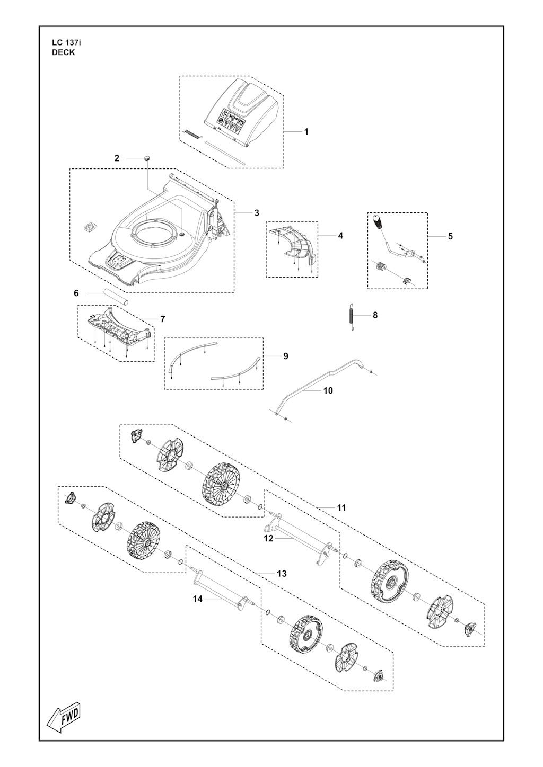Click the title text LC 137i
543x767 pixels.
(66, 43)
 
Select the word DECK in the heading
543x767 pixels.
(64, 53)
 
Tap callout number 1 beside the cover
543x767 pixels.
(306, 131)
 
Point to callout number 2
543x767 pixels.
(117, 158)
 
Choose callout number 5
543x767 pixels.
(450, 236)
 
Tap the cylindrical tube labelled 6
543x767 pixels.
(117, 297)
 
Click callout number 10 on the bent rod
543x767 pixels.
(328, 390)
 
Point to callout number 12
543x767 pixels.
(268, 539)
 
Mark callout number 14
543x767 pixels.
(198, 599)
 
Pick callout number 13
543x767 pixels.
(282, 574)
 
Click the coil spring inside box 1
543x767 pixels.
(192, 135)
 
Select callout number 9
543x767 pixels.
(286, 356)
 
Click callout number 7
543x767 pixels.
(162, 319)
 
